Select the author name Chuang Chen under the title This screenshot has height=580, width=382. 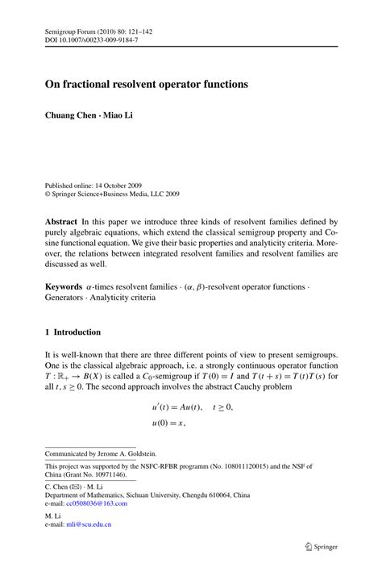coord(71,115)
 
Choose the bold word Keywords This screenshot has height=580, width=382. coord(64,286)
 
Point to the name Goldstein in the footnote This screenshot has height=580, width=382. coord(140,454)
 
